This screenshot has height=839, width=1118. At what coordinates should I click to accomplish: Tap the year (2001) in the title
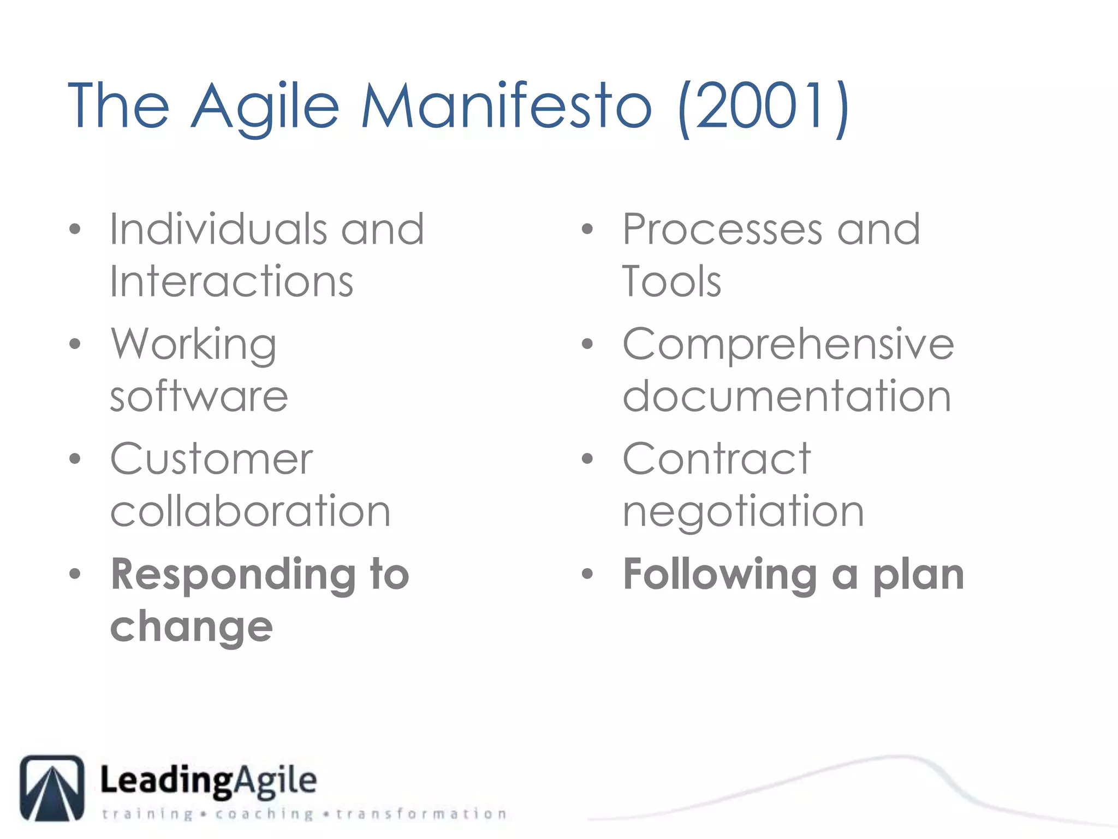(763, 107)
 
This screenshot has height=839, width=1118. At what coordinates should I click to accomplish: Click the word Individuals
(218, 229)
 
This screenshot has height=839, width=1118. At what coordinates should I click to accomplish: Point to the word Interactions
(231, 281)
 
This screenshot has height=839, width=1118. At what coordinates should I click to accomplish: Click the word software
(199, 396)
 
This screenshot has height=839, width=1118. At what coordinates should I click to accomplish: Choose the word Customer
(212, 459)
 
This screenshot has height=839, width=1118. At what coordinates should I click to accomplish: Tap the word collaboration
(251, 511)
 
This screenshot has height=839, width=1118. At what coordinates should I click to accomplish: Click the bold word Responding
(234, 575)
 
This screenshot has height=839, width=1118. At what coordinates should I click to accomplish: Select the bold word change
(191, 627)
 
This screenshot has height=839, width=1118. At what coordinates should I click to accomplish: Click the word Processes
(722, 229)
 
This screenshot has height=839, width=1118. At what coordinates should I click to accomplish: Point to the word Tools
(671, 281)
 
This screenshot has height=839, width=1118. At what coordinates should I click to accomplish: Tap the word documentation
(787, 396)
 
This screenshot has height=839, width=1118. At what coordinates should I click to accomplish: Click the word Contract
(717, 459)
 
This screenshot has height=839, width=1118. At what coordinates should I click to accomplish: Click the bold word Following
(720, 575)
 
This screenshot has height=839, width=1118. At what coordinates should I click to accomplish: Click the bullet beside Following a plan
(587, 574)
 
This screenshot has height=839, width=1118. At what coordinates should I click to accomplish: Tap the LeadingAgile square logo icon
(52, 788)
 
